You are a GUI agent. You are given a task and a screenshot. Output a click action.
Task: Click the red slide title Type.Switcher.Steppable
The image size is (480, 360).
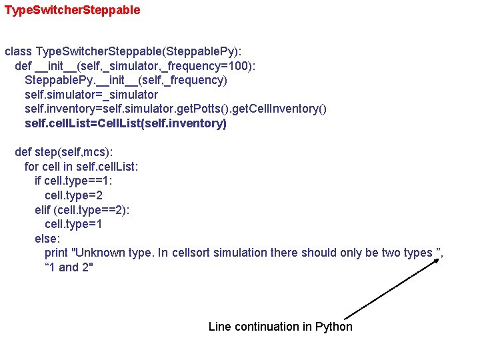72,11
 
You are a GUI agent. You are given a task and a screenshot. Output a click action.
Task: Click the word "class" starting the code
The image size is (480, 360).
18,51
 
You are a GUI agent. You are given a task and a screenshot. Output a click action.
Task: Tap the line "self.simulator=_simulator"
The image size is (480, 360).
91,95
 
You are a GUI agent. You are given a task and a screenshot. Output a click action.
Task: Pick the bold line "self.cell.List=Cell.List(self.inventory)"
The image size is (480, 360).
125,123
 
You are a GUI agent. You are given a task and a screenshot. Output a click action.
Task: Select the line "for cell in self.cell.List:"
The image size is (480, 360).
81,167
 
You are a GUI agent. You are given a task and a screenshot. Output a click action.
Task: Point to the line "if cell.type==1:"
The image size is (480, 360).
73,181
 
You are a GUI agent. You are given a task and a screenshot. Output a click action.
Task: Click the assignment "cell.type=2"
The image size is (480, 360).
73,195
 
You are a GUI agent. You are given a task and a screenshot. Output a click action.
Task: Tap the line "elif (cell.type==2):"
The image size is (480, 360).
82,210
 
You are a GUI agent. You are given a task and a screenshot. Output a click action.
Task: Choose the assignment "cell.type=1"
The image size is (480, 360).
73,224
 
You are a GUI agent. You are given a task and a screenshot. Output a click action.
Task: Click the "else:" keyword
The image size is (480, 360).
47,239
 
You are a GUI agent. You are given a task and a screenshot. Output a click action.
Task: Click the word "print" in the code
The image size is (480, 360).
56,253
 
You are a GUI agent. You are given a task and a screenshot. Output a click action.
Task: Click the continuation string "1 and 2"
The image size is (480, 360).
69,267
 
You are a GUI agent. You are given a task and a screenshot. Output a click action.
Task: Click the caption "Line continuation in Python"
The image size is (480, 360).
280,326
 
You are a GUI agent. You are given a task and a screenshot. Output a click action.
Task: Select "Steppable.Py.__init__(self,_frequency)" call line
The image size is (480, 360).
125,80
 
